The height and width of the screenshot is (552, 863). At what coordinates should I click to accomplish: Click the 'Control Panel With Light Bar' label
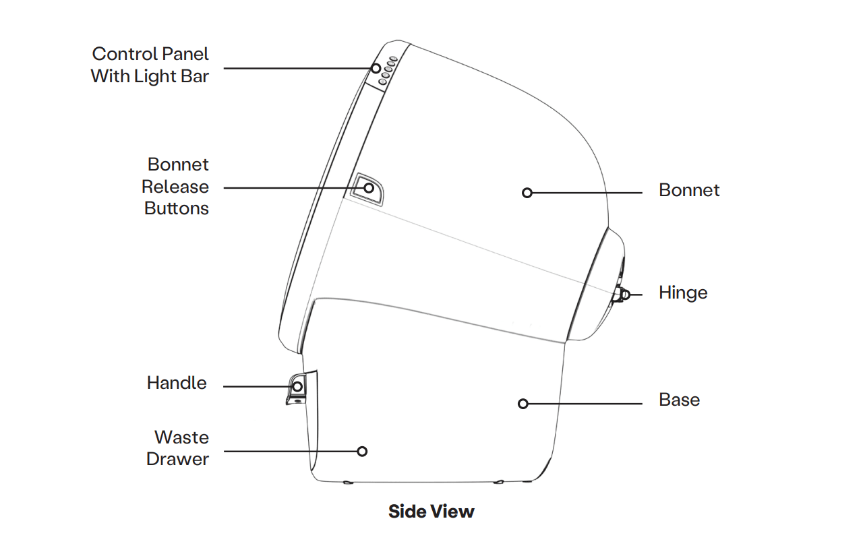150,65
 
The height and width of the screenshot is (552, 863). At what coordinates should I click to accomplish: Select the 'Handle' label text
177,383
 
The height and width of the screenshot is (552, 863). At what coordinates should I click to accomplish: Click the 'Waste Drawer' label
178,448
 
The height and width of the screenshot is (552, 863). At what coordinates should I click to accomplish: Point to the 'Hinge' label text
683,293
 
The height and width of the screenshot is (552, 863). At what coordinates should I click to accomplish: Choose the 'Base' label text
679,400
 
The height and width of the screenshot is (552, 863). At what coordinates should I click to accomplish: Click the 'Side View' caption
431,512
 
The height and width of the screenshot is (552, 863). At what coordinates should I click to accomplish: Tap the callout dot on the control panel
376,68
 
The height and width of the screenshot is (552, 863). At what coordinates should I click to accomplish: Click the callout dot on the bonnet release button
369,187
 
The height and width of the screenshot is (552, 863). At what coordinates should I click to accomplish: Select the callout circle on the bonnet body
527,193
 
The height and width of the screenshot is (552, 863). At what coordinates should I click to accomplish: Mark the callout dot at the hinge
625,294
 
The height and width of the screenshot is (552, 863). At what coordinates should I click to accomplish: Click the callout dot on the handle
297,386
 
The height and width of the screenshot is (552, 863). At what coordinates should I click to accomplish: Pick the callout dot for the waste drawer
362,451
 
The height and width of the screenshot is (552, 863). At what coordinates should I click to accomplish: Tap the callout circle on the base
523,404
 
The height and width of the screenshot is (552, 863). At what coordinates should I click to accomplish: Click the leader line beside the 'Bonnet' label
587,193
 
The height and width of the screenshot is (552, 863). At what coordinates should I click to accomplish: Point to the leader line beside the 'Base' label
584,404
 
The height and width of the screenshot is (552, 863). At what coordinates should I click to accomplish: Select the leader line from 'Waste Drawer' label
290,451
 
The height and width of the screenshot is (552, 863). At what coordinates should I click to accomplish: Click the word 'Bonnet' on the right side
689,191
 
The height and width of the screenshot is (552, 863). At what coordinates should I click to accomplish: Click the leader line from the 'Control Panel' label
297,68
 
